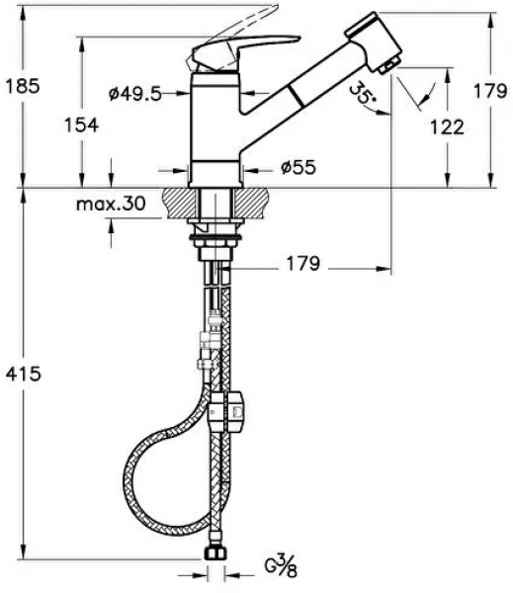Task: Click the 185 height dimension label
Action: [x=23, y=87]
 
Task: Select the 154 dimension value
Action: [x=81, y=125]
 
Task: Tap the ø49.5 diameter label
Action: [x=135, y=94]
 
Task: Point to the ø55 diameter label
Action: [x=299, y=167]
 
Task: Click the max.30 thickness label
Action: [x=111, y=205]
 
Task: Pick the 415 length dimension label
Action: [x=23, y=374]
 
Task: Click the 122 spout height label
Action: [x=447, y=127]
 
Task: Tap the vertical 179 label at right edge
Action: [x=490, y=91]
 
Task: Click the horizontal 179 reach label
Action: [x=302, y=263]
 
